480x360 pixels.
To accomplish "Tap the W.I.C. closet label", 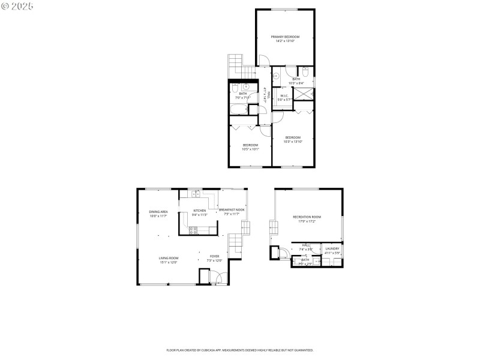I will coord(284,95).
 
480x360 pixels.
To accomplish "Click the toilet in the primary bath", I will coord(305,72).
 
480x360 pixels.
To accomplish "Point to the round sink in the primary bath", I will coord(276,76).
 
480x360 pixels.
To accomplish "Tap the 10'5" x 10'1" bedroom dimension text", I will coord(250,148).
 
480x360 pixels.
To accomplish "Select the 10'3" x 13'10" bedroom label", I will coord(293,137).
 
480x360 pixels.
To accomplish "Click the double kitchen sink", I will coord(197,193).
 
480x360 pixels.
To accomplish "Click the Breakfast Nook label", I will coord(232,209).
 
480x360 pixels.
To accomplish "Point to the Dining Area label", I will coord(158,212).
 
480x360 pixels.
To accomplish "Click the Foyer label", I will coord(214,256).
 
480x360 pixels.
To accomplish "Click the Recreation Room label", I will coord(307,217).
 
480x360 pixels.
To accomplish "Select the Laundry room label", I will coord(332,248).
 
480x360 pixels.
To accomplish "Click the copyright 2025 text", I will coord(17,5).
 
